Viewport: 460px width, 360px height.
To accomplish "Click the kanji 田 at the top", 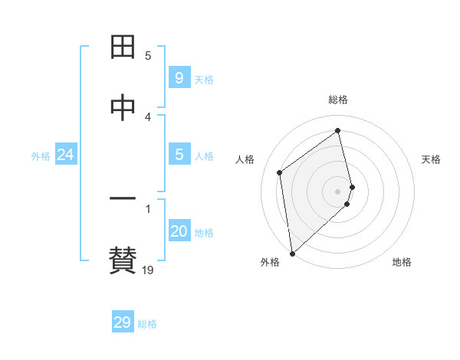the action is click(x=123, y=48).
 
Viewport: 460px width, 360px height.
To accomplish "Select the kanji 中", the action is click(x=123, y=109).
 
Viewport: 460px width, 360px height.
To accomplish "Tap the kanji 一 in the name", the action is click(x=123, y=200).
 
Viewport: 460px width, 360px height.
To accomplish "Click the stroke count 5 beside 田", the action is click(x=148, y=56).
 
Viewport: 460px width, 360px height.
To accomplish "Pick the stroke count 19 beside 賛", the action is click(x=148, y=270).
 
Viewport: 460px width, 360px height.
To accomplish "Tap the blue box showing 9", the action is click(x=179, y=78).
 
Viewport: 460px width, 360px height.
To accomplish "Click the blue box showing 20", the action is click(x=179, y=231).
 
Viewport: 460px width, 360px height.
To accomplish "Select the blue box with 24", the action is click(x=65, y=155).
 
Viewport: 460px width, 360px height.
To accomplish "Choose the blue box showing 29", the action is click(x=123, y=322).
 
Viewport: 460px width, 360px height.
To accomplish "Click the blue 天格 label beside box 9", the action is click(x=203, y=80).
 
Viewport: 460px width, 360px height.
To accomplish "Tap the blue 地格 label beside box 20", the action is click(x=203, y=233).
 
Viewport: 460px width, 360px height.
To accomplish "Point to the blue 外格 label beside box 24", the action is click(x=41, y=156).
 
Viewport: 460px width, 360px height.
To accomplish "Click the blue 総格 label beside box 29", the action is click(x=147, y=324).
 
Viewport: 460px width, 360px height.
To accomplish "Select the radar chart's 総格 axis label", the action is click(x=338, y=100).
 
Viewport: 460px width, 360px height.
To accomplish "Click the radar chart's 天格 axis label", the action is click(x=431, y=159).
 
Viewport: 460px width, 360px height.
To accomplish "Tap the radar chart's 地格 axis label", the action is click(x=402, y=262).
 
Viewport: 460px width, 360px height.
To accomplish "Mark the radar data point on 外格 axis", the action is click(x=291, y=253).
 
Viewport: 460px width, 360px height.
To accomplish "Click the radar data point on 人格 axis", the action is click(x=280, y=172).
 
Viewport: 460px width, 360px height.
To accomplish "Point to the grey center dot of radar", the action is click(x=338, y=191).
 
